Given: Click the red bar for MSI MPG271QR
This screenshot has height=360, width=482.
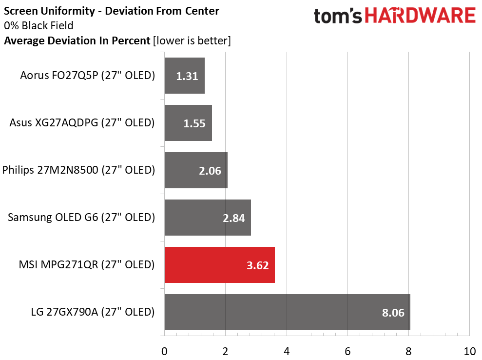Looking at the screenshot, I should click(x=219, y=265).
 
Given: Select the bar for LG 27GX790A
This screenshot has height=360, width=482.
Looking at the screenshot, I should click(x=287, y=312).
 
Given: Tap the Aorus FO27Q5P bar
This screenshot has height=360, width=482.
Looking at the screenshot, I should click(x=184, y=76).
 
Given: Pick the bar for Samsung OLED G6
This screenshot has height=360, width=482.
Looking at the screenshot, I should click(x=208, y=218).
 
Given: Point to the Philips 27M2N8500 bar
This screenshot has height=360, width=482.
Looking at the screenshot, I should click(x=196, y=170).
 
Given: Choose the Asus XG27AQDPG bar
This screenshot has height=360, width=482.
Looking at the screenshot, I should click(x=188, y=123).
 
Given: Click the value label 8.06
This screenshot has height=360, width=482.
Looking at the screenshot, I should click(x=393, y=313).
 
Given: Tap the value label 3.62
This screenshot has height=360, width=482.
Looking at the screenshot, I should click(x=257, y=265).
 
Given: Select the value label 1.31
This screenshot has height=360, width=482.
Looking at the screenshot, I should click(x=187, y=76).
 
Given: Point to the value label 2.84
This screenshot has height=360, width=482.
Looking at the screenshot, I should click(x=233, y=218).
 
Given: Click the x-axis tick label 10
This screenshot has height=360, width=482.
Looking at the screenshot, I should click(x=469, y=351).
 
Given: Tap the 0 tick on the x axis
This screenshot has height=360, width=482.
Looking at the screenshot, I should click(x=165, y=351).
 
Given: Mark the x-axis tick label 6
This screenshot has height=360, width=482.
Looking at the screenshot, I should click(x=347, y=351).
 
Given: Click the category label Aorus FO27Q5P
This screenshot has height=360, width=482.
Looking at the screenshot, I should click(x=87, y=76).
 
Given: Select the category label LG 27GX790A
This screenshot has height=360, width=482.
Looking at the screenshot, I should click(x=92, y=312).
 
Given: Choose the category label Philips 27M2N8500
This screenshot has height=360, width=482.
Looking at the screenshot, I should click(x=78, y=170).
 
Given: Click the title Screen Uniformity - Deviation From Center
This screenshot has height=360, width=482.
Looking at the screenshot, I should click(x=112, y=10).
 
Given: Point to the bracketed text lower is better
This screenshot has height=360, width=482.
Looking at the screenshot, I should click(x=192, y=40).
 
